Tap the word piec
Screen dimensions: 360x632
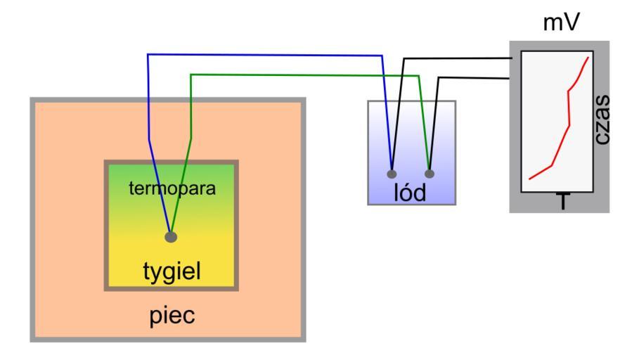[x=172, y=315]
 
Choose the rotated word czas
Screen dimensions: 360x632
[x=600, y=121]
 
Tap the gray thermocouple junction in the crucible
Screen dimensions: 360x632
[x=171, y=237]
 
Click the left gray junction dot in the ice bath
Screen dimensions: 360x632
[x=392, y=172]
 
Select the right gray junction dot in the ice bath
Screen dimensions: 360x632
[x=430, y=172]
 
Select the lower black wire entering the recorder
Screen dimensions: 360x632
[x=471, y=77]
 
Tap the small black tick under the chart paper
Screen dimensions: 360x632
[x=563, y=192]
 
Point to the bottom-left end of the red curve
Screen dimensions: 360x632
[x=529, y=179]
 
